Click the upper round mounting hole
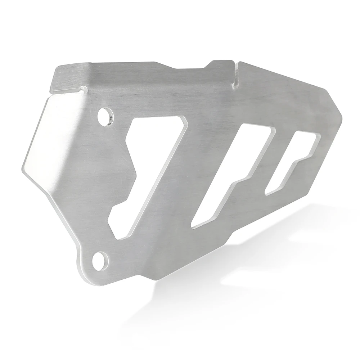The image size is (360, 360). [x=105, y=116]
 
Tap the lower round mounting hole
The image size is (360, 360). [x=100, y=260]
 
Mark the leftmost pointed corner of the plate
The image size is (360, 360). [x=22, y=166]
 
